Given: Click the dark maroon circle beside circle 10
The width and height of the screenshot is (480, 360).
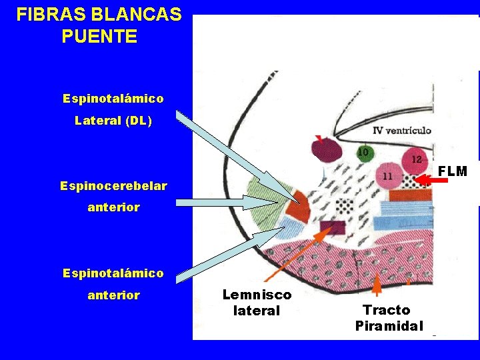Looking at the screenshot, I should pyautogui.click(x=327, y=151).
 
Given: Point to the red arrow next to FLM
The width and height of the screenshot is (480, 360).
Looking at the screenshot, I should pyautogui.click(x=427, y=179).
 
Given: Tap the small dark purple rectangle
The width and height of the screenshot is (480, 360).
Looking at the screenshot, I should pyautogui.click(x=332, y=227).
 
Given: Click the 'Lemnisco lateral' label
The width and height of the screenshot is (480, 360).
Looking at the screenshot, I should pyautogui.click(x=257, y=302).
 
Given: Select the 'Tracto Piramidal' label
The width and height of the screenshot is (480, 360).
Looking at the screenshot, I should pyautogui.click(x=389, y=318).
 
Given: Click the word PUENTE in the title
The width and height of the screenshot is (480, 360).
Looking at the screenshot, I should pyautogui.click(x=99, y=36).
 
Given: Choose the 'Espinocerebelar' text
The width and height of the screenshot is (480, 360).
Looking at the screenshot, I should pyautogui.click(x=113, y=185).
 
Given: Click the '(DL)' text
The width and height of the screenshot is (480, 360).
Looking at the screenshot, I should pyautogui.click(x=141, y=121).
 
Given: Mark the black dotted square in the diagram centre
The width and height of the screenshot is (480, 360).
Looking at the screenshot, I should pyautogui.click(x=343, y=205).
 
